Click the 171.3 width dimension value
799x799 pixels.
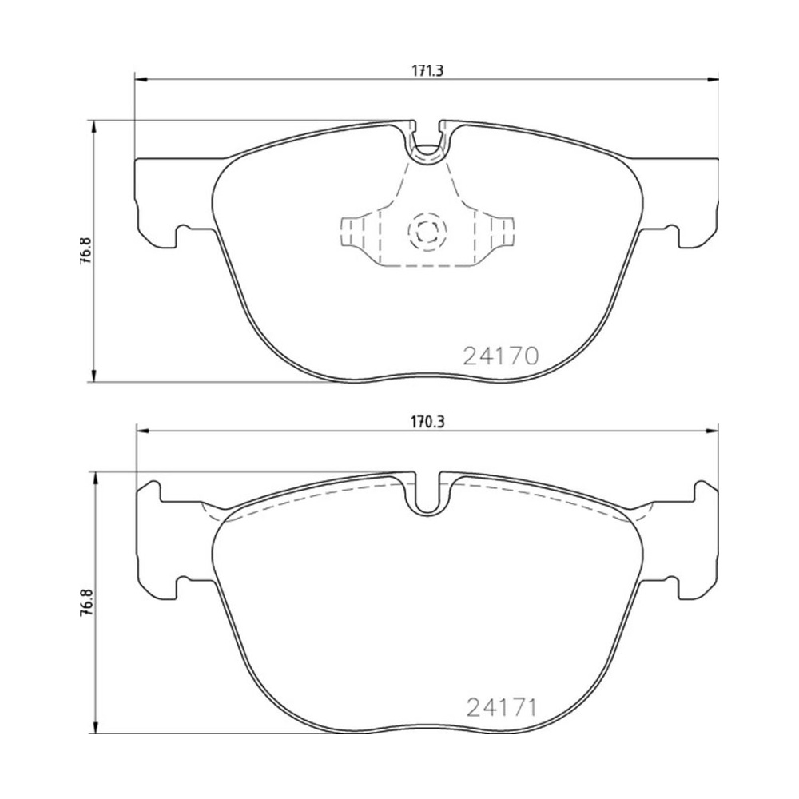coord(427,71)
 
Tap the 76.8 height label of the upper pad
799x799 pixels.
coord(85,250)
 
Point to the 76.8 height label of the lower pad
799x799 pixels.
coord(85,602)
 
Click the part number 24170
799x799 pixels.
coord(500,356)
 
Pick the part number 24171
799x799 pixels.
coord(502,707)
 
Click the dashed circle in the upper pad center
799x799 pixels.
coord(427,232)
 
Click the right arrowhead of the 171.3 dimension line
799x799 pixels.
coord(713,79)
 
